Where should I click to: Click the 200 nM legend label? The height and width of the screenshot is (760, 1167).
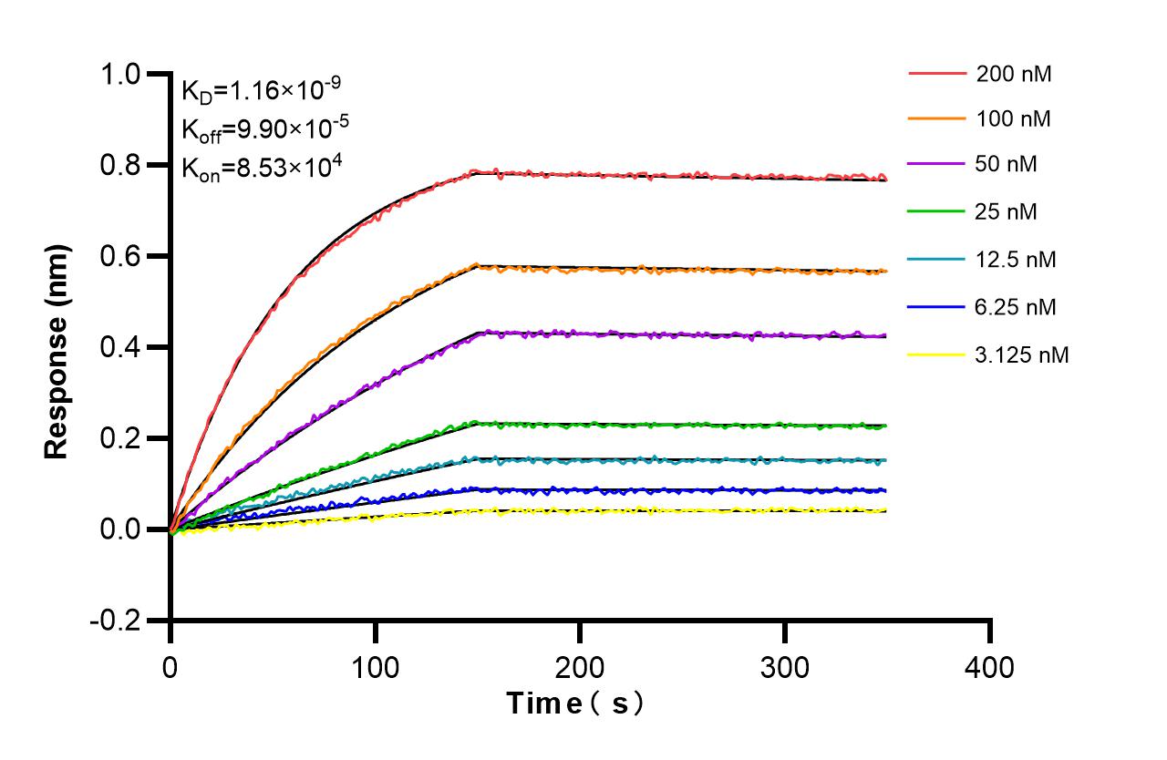pos(1013,74)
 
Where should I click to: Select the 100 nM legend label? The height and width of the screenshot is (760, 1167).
pos(1013,118)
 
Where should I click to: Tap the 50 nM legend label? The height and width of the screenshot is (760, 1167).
pos(1007,165)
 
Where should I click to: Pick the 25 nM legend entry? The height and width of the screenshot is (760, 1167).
pos(1007,212)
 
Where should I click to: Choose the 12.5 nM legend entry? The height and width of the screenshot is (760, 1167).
pos(1016,260)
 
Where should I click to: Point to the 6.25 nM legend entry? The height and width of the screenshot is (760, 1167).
pos(1016,307)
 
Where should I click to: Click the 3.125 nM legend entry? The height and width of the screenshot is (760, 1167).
pos(1021,354)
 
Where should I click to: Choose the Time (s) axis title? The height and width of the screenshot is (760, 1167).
pos(576,704)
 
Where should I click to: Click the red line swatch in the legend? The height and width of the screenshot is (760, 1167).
pos(936,74)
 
